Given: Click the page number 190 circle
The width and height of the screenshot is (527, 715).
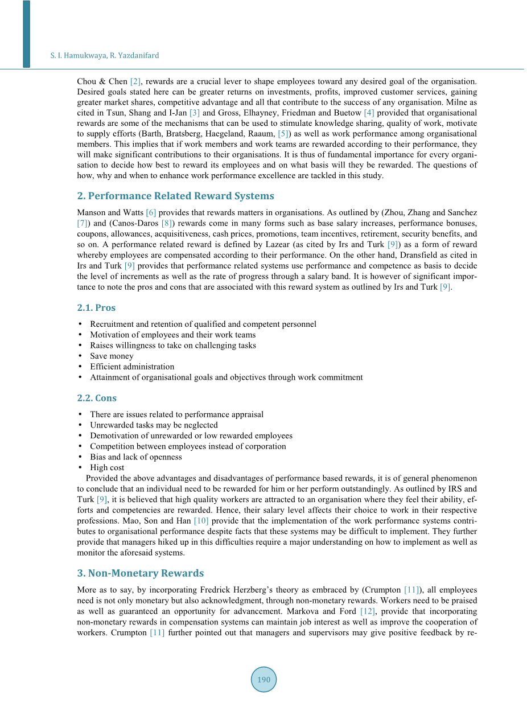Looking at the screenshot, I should click(x=263, y=680).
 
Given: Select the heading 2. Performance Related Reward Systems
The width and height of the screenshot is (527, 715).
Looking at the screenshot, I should click(x=175, y=196).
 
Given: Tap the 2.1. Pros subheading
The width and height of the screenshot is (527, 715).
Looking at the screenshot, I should click(x=96, y=307).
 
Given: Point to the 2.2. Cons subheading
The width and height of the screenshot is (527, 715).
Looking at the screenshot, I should click(x=97, y=398).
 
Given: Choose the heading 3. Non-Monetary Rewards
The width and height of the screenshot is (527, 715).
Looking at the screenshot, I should click(x=140, y=573).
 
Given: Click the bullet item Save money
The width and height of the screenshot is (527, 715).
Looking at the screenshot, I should click(x=112, y=356).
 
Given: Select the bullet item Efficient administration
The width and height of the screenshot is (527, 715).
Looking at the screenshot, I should click(x=132, y=367).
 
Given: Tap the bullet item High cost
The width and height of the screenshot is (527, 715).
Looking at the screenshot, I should click(x=107, y=467).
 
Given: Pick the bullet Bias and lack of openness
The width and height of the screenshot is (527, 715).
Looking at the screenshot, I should click(x=136, y=457).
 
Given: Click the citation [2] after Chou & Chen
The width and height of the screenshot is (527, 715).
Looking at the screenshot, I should click(x=135, y=81).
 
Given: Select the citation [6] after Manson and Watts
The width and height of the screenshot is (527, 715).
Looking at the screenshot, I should click(x=151, y=212).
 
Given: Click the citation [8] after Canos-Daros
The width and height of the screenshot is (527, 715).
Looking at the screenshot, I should click(x=167, y=223).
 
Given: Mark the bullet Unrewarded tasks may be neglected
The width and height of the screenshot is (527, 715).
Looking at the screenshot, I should click(x=154, y=425).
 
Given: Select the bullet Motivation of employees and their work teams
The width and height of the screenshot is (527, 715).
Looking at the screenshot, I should click(x=172, y=335).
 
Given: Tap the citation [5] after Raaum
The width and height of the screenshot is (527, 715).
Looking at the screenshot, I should click(x=283, y=134).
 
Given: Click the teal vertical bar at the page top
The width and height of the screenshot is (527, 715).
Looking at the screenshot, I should click(x=26, y=34).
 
